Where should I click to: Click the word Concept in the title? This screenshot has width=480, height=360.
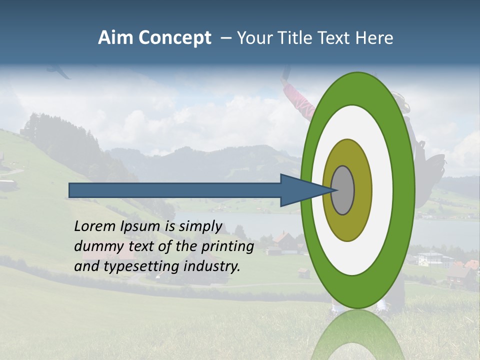pyautogui.click(x=174, y=37)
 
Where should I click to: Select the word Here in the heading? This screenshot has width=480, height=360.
pyautogui.click(x=373, y=37)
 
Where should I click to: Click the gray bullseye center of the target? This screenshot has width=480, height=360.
pyautogui.click(x=343, y=190)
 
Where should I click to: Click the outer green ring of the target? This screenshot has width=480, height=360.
pyautogui.click(x=405, y=190)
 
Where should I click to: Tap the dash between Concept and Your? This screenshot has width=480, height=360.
pyautogui.click(x=226, y=37)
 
